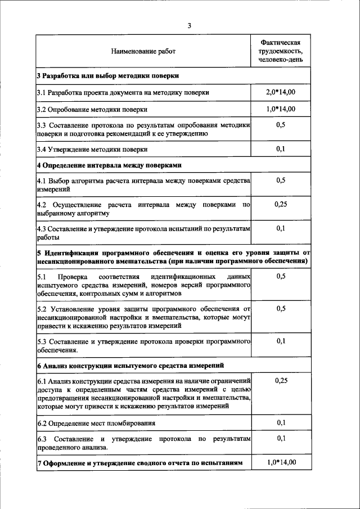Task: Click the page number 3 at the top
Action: coord(190,26)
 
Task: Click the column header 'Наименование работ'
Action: coord(143,51)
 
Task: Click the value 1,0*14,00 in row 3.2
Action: coord(281,109)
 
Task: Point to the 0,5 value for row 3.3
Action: coord(281,125)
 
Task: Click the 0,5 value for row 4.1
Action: coord(281,181)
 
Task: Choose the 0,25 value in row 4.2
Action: coord(281,205)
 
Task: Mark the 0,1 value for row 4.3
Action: coord(281,228)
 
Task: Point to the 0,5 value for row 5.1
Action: coord(281,277)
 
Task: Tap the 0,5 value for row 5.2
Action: coord(281,309)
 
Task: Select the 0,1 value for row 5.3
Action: coord(281,341)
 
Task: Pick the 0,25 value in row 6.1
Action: coord(281,381)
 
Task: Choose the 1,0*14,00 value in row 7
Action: coord(281,463)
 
